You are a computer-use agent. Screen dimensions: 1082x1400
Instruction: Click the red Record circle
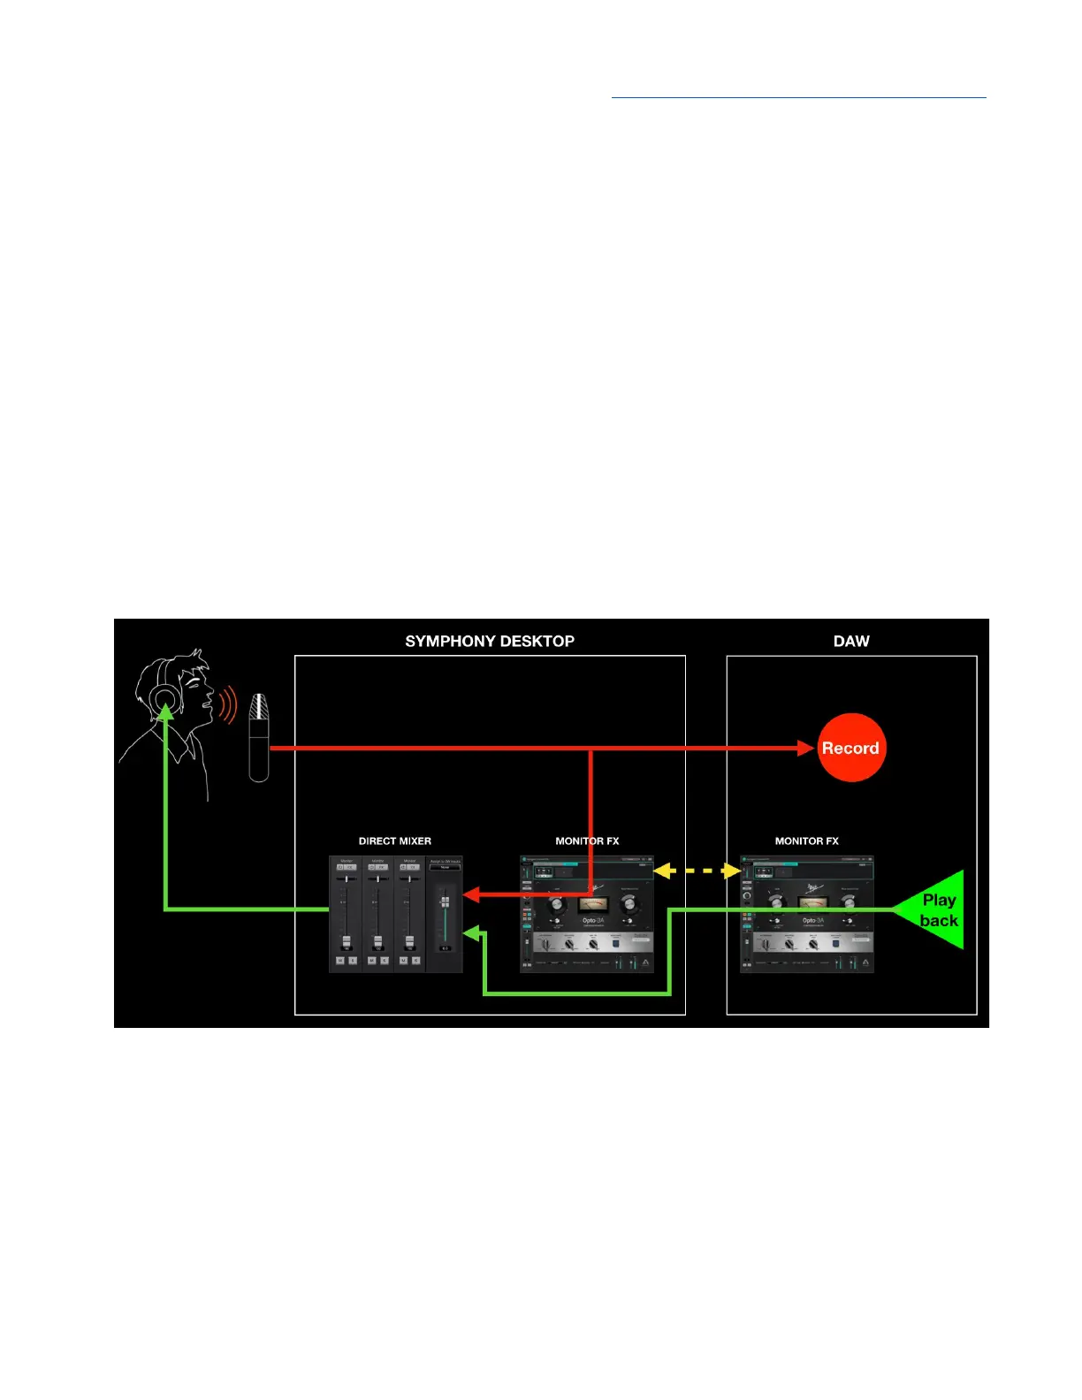pos(850,748)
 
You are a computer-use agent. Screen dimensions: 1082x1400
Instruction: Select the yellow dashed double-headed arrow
pos(697,871)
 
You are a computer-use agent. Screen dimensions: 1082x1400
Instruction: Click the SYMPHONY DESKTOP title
pos(490,641)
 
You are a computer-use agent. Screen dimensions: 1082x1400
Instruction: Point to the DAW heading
pos(851,641)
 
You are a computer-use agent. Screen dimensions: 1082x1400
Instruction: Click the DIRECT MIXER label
pos(395,841)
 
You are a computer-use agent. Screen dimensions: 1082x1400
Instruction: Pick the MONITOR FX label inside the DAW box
pos(806,841)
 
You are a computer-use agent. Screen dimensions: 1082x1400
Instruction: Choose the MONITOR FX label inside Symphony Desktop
pos(587,841)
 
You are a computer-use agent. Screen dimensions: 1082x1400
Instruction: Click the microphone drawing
pos(258,737)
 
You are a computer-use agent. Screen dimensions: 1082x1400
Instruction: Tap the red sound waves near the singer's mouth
pos(229,706)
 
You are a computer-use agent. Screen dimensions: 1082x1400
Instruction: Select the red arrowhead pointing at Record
pos(805,748)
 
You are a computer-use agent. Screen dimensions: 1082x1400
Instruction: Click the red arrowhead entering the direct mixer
pos(471,894)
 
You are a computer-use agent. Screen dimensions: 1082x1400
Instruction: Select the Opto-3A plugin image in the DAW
pos(806,915)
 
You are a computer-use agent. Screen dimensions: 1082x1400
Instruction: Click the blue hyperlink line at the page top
pos(798,97)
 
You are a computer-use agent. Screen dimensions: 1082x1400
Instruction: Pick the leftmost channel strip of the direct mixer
pos(346,914)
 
